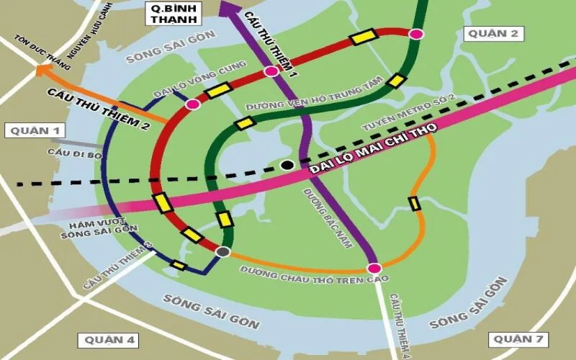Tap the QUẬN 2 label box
(491, 33)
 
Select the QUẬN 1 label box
(34, 131)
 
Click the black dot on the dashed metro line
(287, 165)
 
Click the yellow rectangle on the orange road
(415, 204)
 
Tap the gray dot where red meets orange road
(223, 251)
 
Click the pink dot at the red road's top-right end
(415, 34)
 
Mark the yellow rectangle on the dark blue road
(179, 266)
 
